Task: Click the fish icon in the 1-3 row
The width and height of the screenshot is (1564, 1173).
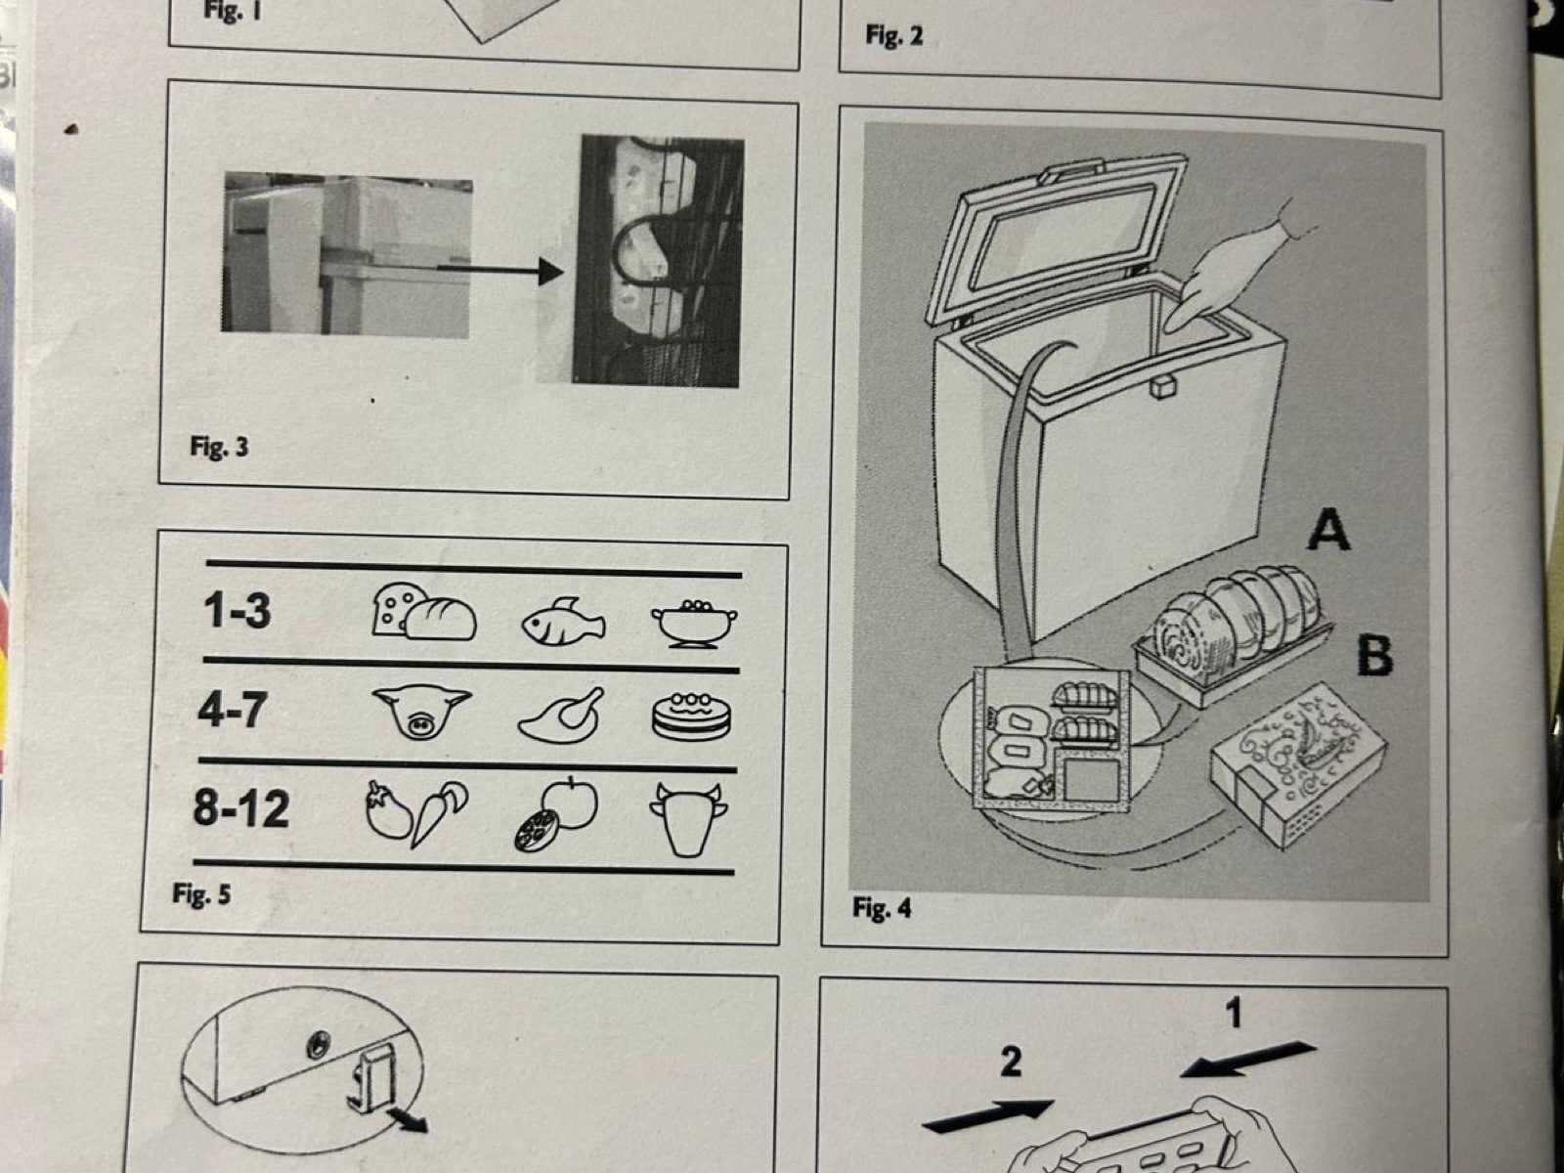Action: [x=563, y=623]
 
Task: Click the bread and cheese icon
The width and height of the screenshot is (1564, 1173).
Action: [x=423, y=614]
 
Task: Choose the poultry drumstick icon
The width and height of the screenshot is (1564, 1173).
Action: [x=560, y=717]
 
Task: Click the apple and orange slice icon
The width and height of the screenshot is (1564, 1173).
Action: [x=556, y=813]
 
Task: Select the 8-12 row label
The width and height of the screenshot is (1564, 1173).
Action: [x=241, y=809]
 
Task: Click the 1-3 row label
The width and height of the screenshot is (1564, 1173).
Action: [x=238, y=611]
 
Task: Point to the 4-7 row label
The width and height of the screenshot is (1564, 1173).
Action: [x=232, y=709]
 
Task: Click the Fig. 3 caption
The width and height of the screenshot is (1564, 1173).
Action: [x=219, y=447]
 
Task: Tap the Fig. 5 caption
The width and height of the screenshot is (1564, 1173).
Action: [x=201, y=893]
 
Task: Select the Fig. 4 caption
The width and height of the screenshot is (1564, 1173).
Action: [x=881, y=908]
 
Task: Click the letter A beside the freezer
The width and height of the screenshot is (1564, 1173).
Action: [x=1328, y=531]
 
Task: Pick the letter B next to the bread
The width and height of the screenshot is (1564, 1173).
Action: [x=1374, y=656]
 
